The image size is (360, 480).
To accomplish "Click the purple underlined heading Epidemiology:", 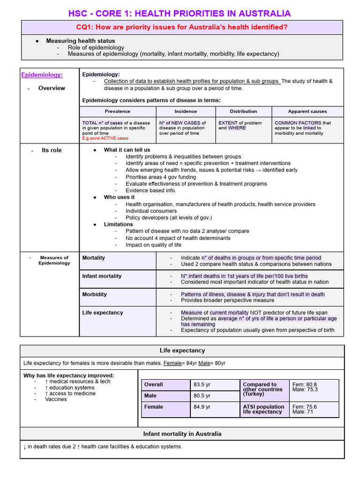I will (x=42, y=75).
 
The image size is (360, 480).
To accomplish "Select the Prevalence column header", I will (x=118, y=112).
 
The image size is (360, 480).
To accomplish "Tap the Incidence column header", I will (x=186, y=112).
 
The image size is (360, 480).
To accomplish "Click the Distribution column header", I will (x=243, y=112).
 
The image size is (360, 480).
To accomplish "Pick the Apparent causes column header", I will (x=307, y=112).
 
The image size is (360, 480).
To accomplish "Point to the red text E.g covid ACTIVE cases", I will (x=105, y=138).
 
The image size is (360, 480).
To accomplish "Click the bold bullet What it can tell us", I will (x=127, y=150).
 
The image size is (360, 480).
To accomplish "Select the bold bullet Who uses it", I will (x=119, y=197).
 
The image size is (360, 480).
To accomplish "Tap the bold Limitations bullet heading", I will (x=118, y=225).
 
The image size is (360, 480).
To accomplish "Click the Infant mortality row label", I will (x=102, y=276).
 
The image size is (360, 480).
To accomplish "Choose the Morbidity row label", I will (x=94, y=294).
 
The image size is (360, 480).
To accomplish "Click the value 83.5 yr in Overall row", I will (x=202, y=384).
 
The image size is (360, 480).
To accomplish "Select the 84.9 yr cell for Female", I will (x=202, y=407).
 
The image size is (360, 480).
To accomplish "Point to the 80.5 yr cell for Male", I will (x=202, y=396).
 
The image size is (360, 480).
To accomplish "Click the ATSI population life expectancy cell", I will (x=263, y=409).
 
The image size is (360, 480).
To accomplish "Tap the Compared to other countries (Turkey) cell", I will (x=262, y=390).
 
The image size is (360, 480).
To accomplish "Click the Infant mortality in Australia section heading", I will (x=182, y=434).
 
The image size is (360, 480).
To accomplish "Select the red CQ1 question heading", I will (x=182, y=27).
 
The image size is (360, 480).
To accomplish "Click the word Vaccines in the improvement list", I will (x=56, y=399).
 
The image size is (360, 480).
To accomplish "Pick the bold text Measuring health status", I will (x=80, y=41).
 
